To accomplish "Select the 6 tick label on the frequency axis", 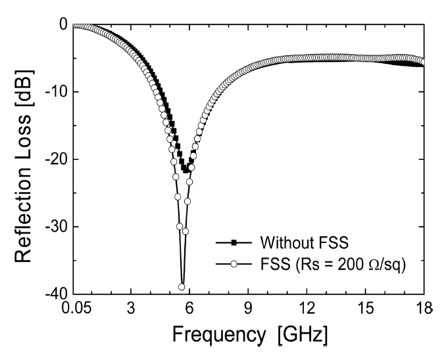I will pos(189,308).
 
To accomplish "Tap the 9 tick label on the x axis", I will pos(248,308).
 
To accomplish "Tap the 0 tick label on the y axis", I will pos(64,25).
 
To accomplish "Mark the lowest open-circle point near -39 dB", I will pos(182,286).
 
